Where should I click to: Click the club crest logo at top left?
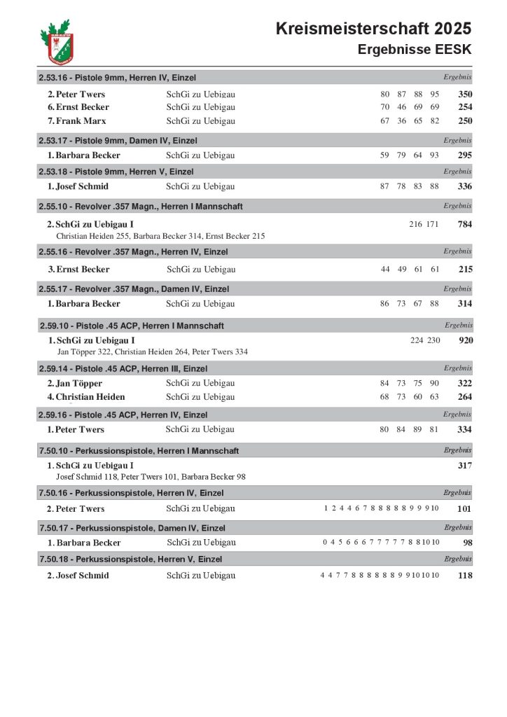[57, 42]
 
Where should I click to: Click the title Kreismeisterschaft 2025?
[373, 29]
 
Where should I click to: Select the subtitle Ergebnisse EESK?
[415, 50]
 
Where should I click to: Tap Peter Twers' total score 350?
[465, 94]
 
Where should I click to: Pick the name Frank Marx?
[81, 121]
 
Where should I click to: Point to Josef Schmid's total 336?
[465, 186]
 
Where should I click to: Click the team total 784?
[465, 225]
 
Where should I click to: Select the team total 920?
[465, 340]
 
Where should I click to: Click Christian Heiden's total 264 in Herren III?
[465, 397]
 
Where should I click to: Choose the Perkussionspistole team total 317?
[465, 466]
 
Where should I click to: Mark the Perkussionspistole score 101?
[464, 509]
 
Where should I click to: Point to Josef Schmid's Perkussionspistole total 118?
[464, 576]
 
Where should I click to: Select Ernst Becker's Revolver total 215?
[465, 270]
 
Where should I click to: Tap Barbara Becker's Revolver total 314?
[465, 304]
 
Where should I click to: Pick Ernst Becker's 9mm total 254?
[465, 107]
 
